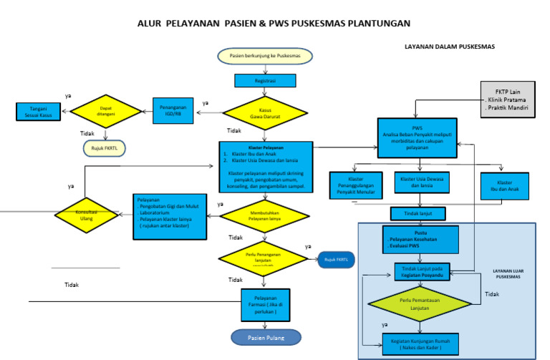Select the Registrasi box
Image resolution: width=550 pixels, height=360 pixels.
[x=265, y=82]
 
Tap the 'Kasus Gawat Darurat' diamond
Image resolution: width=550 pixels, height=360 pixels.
[x=265, y=113]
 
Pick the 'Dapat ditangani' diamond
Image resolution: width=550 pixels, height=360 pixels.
[x=106, y=110]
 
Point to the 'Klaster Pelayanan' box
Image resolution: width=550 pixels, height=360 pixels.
[x=266, y=167]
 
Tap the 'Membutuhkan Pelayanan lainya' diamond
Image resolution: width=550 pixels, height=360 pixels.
[x=265, y=215]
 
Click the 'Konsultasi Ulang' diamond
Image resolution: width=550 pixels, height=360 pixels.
[x=86, y=214]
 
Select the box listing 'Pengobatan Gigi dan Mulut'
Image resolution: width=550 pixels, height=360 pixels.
[x=169, y=215]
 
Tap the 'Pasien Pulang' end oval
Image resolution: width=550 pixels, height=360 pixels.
[x=266, y=336]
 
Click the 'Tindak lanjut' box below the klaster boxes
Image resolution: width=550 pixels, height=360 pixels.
[x=418, y=213]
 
